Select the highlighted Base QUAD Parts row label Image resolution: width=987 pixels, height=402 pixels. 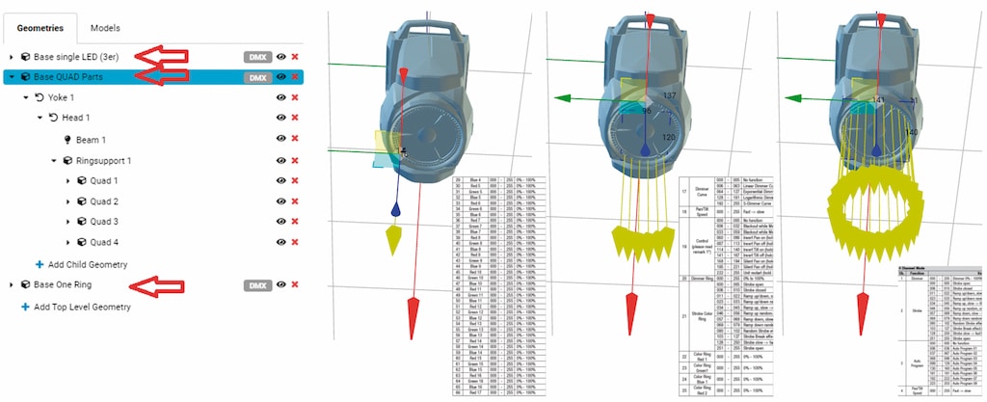(x=74, y=77)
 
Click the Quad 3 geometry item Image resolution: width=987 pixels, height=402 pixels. (x=103, y=222)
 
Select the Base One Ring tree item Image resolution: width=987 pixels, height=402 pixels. (x=67, y=285)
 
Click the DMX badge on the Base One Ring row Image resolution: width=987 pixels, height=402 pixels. (x=257, y=285)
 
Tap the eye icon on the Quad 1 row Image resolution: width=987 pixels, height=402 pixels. (x=281, y=181)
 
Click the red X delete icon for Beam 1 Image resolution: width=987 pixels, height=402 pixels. (x=295, y=139)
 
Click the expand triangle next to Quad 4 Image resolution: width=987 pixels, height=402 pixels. (x=67, y=243)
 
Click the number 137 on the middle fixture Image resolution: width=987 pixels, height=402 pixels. (x=670, y=95)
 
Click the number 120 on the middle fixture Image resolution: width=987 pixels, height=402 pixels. (x=669, y=137)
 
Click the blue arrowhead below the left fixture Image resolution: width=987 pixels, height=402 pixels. (x=395, y=208)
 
